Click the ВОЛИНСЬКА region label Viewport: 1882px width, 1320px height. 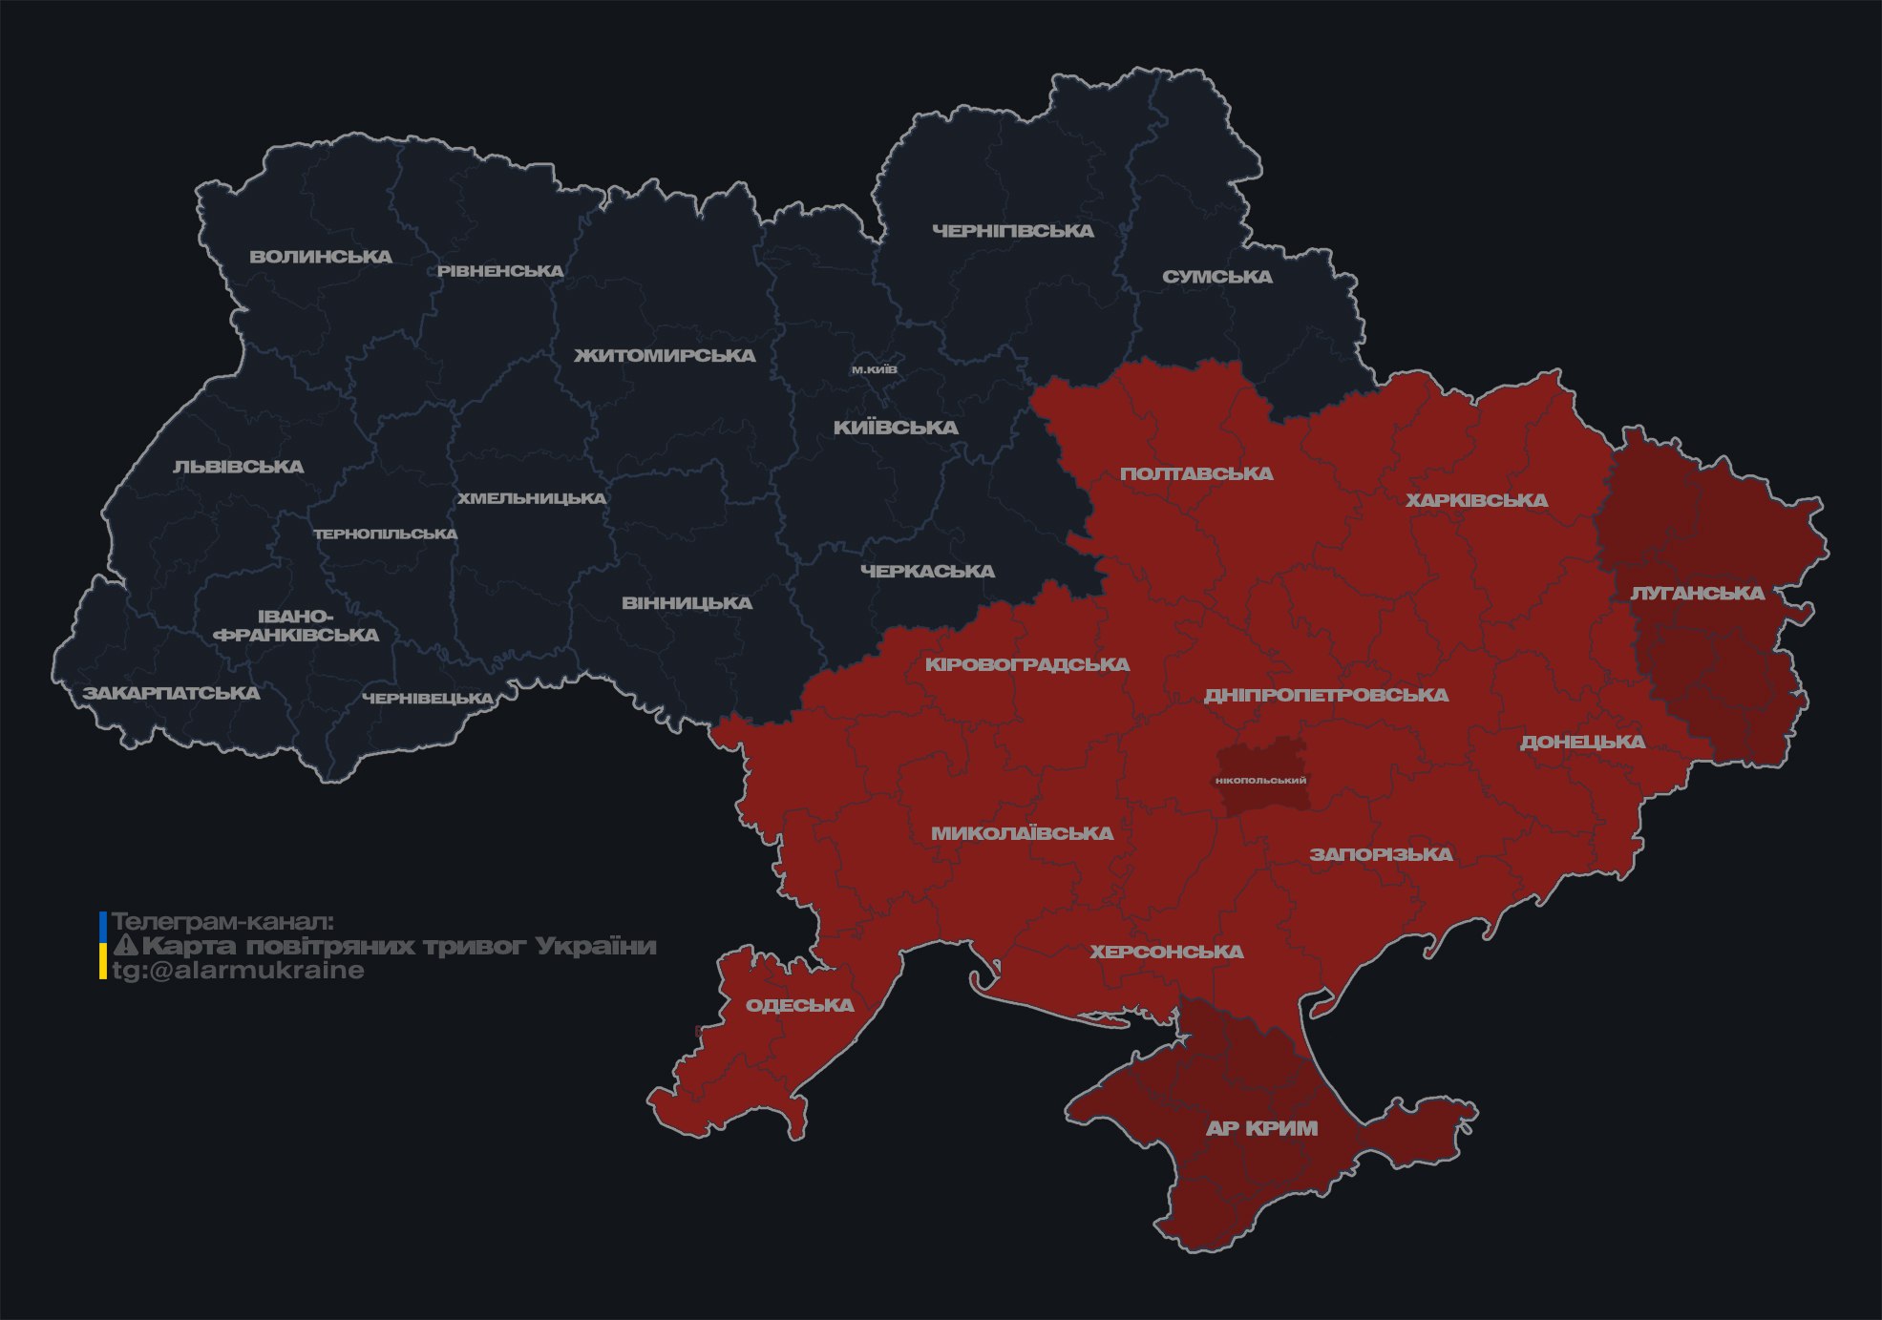pyautogui.click(x=321, y=257)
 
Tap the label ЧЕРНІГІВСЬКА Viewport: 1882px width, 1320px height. pyautogui.click(x=1012, y=231)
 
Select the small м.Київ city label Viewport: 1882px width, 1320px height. pyautogui.click(x=875, y=369)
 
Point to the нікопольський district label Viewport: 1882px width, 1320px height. pyautogui.click(x=1260, y=781)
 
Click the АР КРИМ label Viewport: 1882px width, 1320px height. pyautogui.click(x=1261, y=1128)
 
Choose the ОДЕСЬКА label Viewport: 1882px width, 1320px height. pyautogui.click(x=799, y=1005)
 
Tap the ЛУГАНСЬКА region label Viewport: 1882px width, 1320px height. pyautogui.click(x=1697, y=593)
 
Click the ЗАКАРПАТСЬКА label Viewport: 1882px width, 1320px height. pyautogui.click(x=171, y=693)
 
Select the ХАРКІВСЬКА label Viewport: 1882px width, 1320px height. pyautogui.click(x=1476, y=500)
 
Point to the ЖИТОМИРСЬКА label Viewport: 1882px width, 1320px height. pyautogui.click(x=665, y=356)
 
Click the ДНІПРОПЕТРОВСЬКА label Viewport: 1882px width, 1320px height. pyautogui.click(x=1325, y=695)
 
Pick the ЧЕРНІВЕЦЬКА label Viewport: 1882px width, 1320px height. pyautogui.click(x=428, y=699)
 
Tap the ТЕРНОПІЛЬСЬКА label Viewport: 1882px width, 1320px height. pyautogui.click(x=386, y=534)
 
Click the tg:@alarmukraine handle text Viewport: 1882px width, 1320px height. pyautogui.click(x=238, y=971)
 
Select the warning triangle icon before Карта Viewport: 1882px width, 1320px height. pyautogui.click(x=125, y=946)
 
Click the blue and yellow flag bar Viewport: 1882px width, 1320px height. pyautogui.click(x=103, y=946)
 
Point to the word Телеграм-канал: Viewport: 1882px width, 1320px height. pyautogui.click(x=222, y=922)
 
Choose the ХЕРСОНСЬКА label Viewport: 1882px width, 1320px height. pyautogui.click(x=1167, y=952)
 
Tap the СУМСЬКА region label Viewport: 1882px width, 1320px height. pyautogui.click(x=1216, y=277)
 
